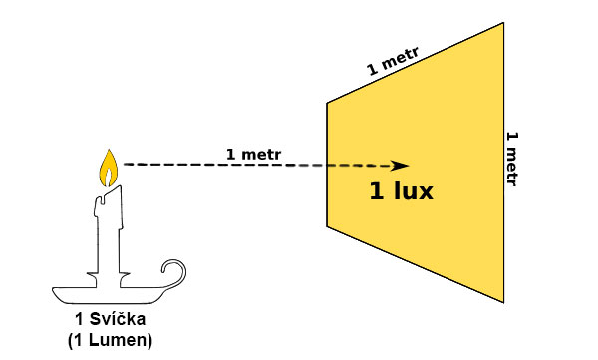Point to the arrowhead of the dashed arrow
click(401, 166)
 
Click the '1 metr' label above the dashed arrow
click(253, 154)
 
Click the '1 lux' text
click(402, 191)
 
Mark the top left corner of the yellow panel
click(328, 102)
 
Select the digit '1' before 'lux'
click(377, 191)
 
